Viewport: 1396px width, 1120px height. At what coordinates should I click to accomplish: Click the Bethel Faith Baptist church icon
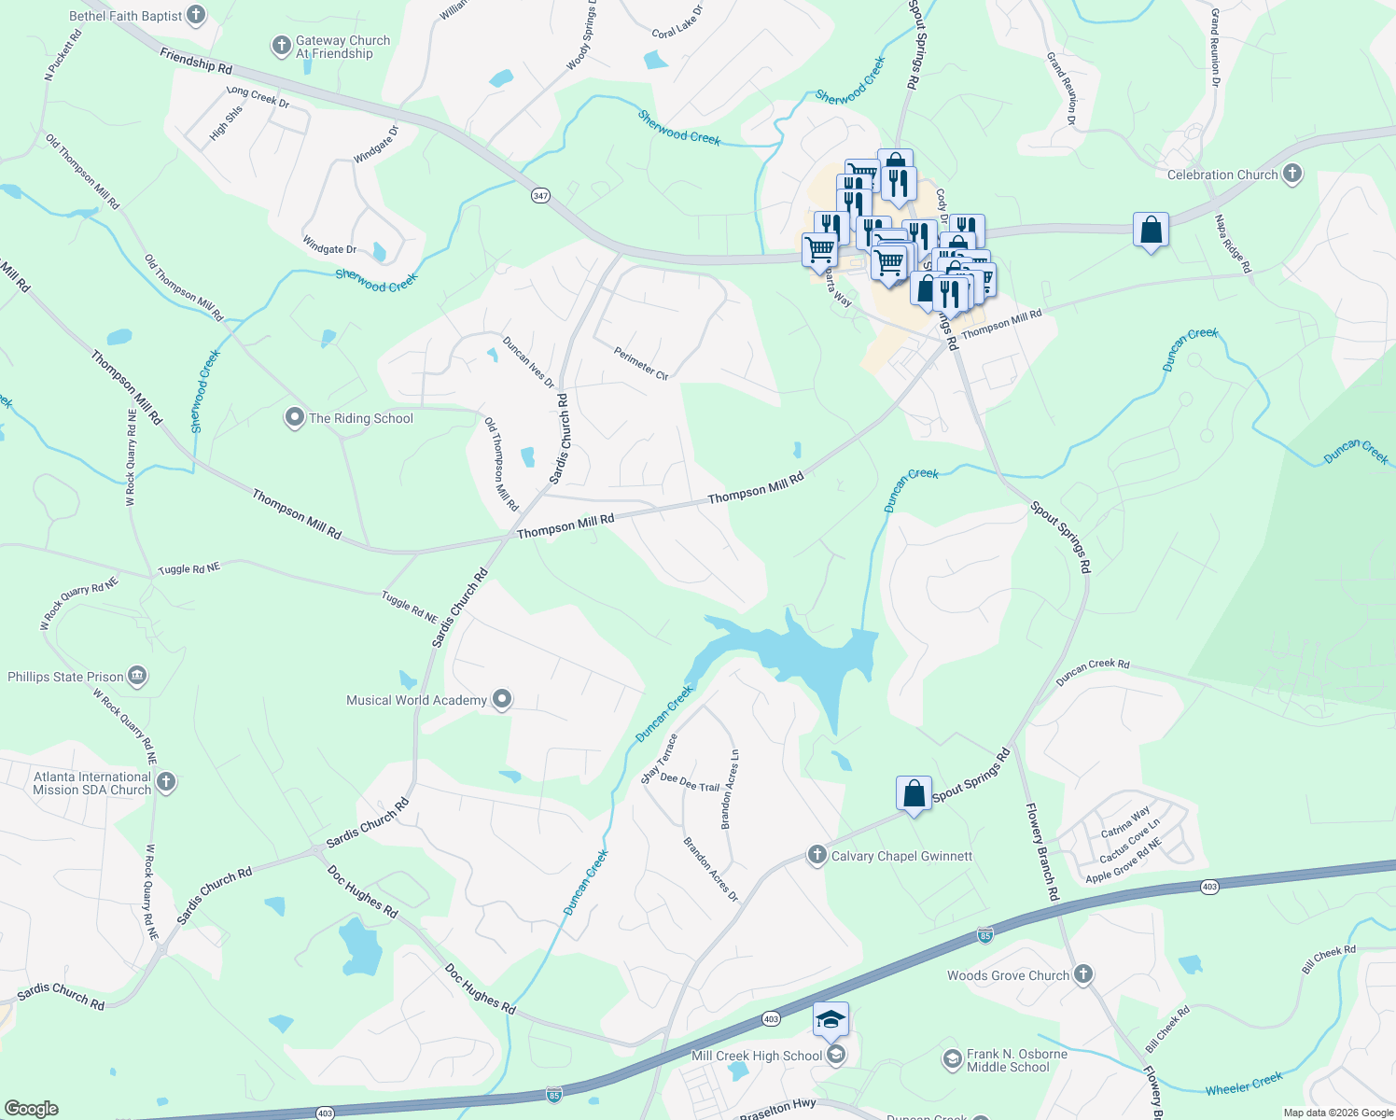coord(195,15)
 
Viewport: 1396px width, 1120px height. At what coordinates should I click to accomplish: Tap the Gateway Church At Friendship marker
coord(281,46)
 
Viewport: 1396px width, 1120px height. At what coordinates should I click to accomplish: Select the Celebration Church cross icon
coord(1292,174)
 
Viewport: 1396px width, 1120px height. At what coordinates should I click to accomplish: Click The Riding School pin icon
coord(295,417)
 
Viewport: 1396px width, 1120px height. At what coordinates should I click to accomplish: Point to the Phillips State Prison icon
coord(138,676)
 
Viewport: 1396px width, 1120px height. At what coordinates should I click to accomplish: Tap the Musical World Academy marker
coord(502,699)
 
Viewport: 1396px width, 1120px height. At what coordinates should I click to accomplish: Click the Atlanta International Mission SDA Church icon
coord(166,782)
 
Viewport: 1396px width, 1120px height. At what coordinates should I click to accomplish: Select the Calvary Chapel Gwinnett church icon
coord(817,855)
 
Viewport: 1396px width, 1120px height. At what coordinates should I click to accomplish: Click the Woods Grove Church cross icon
coord(1083,974)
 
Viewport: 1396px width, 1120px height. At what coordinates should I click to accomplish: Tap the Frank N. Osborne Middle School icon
coord(953,1058)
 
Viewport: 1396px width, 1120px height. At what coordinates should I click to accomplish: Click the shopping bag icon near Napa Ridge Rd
coord(1152,230)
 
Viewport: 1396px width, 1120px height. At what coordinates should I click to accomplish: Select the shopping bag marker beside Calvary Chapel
coord(914,793)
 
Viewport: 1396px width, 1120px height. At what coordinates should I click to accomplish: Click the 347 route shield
coord(540,195)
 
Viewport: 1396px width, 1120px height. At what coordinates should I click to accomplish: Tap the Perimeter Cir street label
coord(641,363)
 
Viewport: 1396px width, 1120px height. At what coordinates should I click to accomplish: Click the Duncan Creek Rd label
coord(1093,672)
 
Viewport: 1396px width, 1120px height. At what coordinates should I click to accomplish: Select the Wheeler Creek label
coord(1244,1083)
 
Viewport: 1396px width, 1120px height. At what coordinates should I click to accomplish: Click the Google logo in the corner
coord(30,1109)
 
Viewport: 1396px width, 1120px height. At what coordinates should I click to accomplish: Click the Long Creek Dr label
coord(258,96)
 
